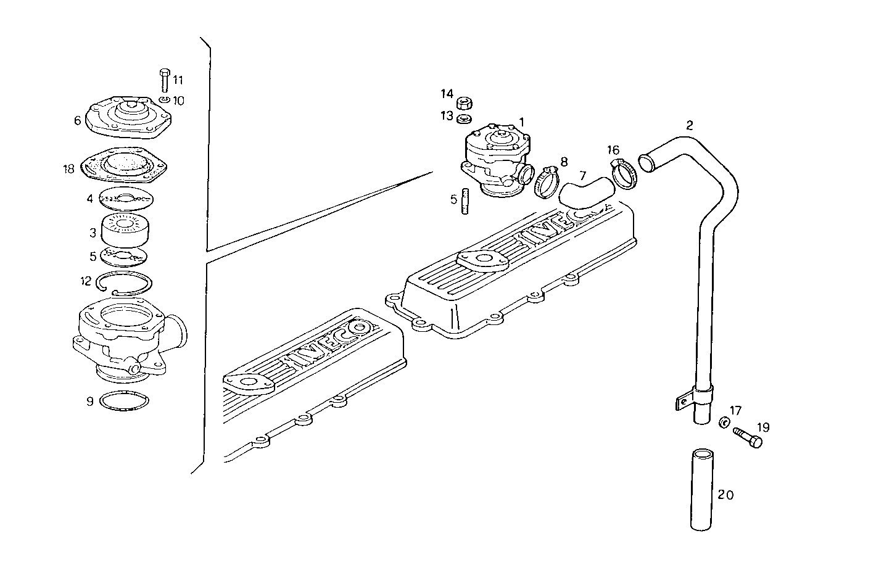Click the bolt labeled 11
coord(165,81)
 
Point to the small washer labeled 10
coord(164,99)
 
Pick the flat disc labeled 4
coord(125,199)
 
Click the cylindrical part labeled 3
coord(126,229)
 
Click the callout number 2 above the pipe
coord(689,125)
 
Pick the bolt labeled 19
coord(748,437)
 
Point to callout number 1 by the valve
coord(521,122)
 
